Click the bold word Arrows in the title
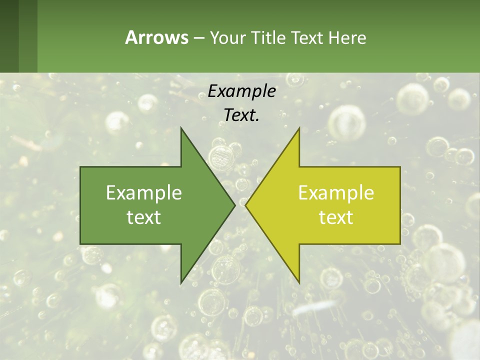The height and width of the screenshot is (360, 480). click(x=156, y=37)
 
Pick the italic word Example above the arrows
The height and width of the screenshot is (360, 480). click(x=241, y=91)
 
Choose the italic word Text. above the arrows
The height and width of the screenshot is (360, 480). click(x=241, y=115)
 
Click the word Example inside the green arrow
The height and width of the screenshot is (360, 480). click(x=144, y=192)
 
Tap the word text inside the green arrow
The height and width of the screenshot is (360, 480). click(x=144, y=217)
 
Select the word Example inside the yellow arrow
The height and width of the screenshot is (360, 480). click(x=336, y=192)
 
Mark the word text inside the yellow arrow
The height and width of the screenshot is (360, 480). click(x=336, y=217)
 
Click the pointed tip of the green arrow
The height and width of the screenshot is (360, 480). click(x=234, y=205)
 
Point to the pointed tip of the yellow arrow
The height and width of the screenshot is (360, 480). click(x=246, y=205)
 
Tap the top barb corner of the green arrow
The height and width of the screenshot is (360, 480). click(x=181, y=128)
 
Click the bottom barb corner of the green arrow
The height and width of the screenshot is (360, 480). click(x=181, y=283)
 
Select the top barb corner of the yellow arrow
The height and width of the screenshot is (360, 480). click(x=299, y=128)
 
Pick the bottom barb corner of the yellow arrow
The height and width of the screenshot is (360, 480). click(x=299, y=283)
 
